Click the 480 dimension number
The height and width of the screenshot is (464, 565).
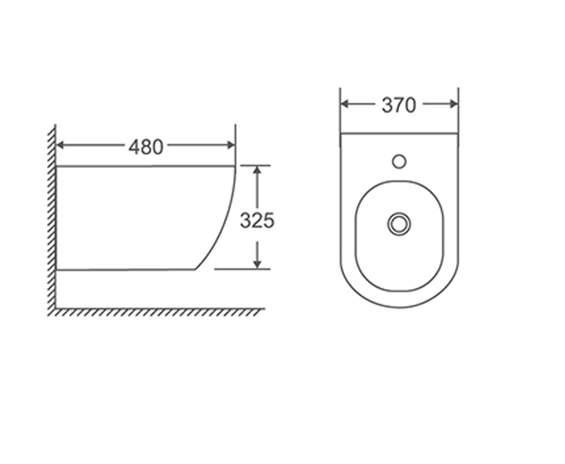(145, 147)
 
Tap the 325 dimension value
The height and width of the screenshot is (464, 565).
(257, 220)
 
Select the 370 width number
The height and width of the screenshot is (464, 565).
(399, 105)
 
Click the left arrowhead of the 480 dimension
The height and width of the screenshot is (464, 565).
(61, 145)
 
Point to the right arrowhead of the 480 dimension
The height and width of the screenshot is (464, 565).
(231, 145)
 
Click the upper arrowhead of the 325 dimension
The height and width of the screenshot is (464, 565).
(257, 170)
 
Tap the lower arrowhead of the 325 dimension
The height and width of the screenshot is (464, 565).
(257, 264)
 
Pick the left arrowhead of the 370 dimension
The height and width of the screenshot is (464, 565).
(345, 105)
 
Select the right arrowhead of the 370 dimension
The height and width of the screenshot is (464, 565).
(453, 105)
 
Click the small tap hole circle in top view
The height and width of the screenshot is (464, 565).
(399, 162)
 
